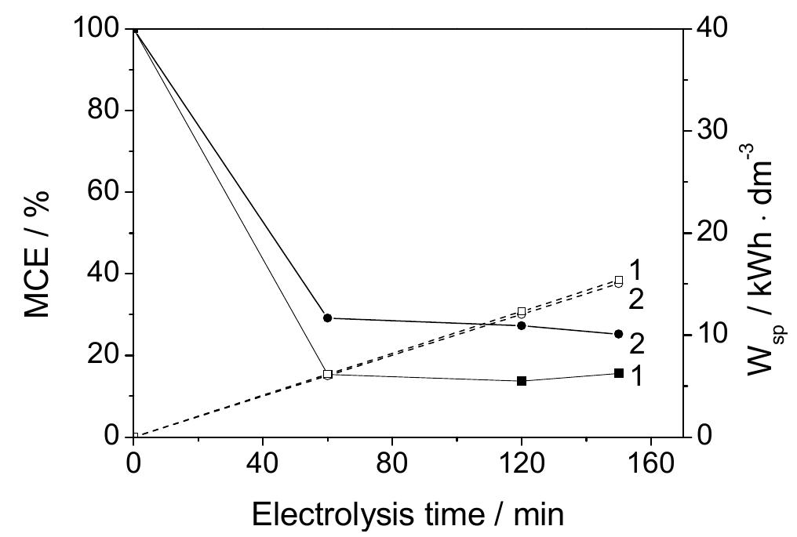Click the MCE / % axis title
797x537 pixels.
click(38, 252)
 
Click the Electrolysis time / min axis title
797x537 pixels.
click(407, 514)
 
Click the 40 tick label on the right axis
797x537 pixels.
click(711, 29)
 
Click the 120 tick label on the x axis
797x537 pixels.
click(520, 463)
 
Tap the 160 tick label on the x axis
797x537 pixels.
click(650, 463)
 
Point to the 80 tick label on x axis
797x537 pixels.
click(391, 463)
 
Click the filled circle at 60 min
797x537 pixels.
click(328, 318)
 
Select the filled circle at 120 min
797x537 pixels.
click(522, 325)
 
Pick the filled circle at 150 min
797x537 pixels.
click(619, 334)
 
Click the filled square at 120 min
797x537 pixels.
click(522, 381)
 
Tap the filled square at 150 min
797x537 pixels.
click(619, 373)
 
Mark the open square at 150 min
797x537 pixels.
click(619, 280)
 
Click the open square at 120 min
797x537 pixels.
click(522, 311)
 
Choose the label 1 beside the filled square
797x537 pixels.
click(636, 377)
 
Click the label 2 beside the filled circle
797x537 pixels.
click(637, 343)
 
